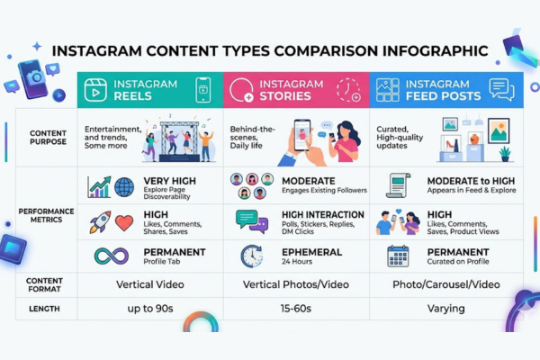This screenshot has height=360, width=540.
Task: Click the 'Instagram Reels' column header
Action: [149, 89]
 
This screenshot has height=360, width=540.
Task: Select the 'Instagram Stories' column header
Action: [295, 89]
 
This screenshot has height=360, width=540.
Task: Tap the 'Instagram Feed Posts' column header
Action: [446, 89]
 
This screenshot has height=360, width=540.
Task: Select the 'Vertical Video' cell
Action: [149, 284]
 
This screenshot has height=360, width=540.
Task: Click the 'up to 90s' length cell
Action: [149, 309]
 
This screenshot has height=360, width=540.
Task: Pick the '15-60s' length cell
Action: [295, 309]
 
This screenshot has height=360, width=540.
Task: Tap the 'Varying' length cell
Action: [446, 309]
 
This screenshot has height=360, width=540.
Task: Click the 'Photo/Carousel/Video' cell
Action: [446, 284]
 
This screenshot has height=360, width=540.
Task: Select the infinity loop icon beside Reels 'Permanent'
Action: [111, 256]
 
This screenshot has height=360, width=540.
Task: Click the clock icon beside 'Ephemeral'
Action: [251, 256]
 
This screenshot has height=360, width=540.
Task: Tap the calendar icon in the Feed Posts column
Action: [397, 256]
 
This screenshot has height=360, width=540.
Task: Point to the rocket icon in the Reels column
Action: [99, 221]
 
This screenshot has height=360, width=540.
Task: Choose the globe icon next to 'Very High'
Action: [123, 187]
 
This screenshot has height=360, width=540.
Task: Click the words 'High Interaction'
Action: [323, 214]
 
